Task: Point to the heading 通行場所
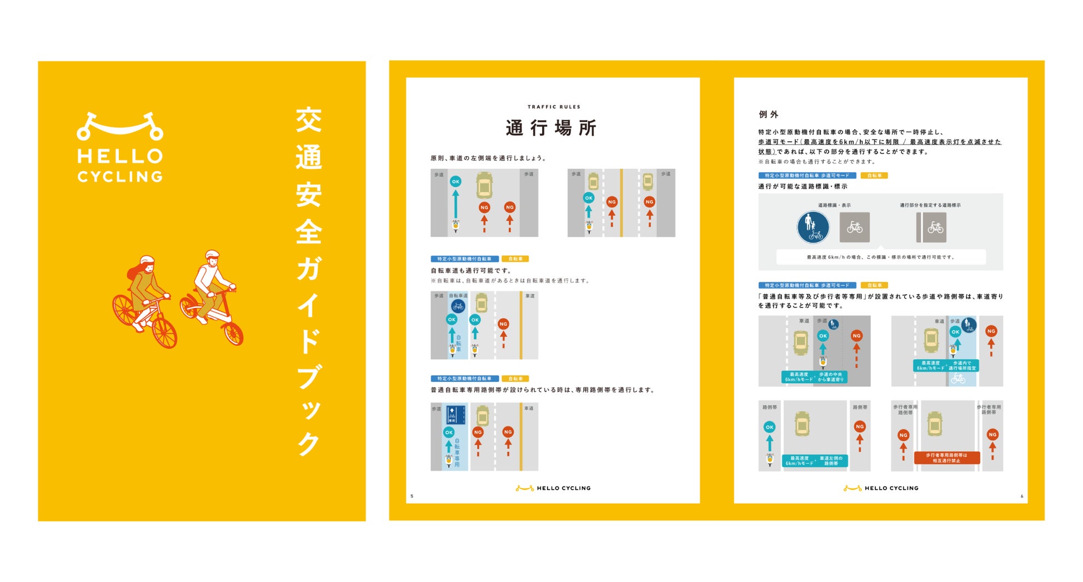click(x=551, y=128)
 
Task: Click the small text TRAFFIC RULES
click(x=554, y=107)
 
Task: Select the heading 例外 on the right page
click(x=769, y=115)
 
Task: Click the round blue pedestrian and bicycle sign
click(x=813, y=227)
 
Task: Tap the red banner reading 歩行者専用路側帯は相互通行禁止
click(x=947, y=457)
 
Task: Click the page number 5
click(x=412, y=496)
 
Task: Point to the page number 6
click(x=1021, y=496)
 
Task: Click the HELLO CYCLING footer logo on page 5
click(x=553, y=488)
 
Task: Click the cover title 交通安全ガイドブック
click(x=309, y=281)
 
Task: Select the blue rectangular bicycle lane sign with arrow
click(x=455, y=415)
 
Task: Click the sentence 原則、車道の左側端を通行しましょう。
click(x=489, y=158)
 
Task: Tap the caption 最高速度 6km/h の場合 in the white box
click(x=880, y=257)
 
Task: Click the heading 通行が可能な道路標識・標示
click(x=803, y=186)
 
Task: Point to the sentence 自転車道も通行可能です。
click(x=471, y=271)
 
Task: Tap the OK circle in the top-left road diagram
click(x=455, y=182)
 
